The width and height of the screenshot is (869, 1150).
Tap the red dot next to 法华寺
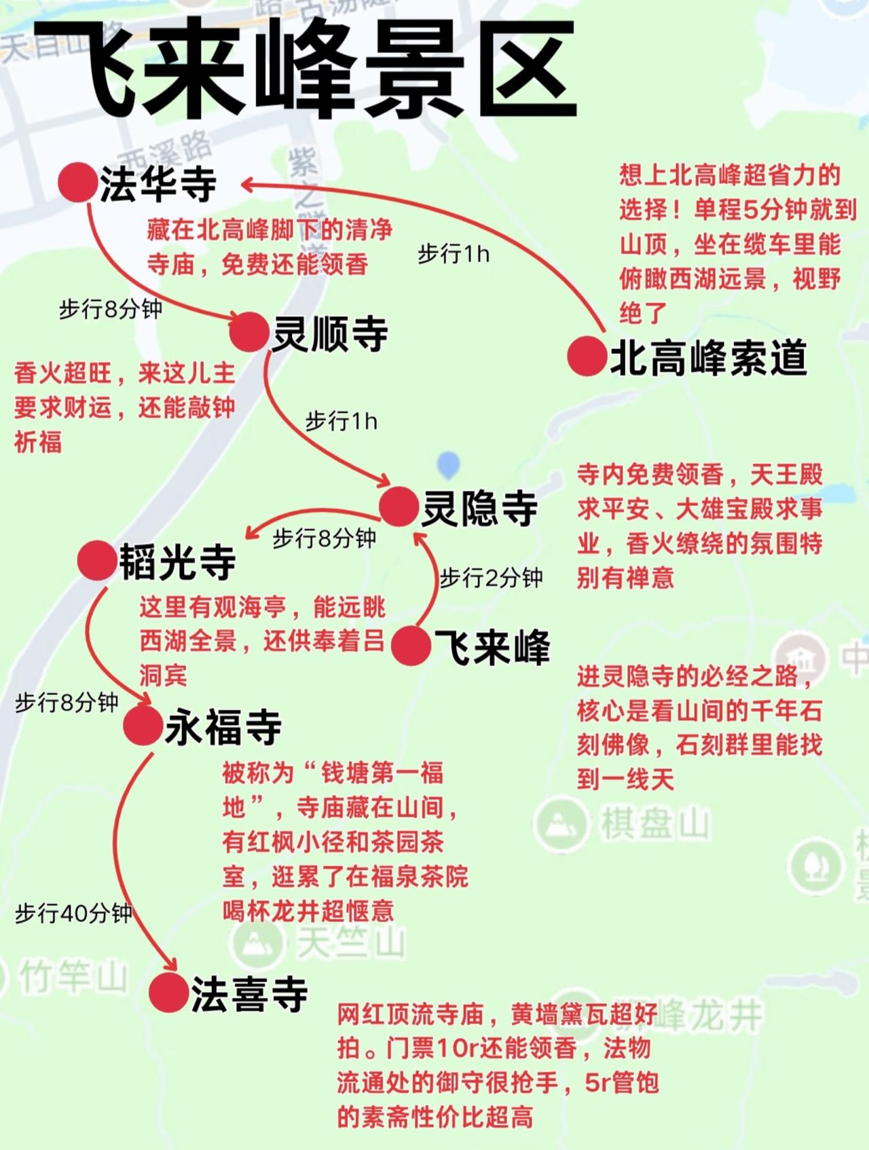76,182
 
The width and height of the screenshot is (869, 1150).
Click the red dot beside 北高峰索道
587,356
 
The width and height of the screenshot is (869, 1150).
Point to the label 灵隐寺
479,508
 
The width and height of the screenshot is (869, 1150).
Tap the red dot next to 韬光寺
96,561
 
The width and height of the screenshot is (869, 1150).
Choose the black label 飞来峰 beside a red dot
492,646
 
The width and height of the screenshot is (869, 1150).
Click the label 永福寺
223,727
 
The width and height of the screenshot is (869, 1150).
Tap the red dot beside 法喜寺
168,993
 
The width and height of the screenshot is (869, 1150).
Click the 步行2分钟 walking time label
491,578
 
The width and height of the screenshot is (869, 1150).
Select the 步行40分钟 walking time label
73,913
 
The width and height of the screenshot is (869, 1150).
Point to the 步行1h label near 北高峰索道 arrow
453,254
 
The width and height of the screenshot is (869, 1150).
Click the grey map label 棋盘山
654,824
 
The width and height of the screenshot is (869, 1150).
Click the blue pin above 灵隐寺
448,464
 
